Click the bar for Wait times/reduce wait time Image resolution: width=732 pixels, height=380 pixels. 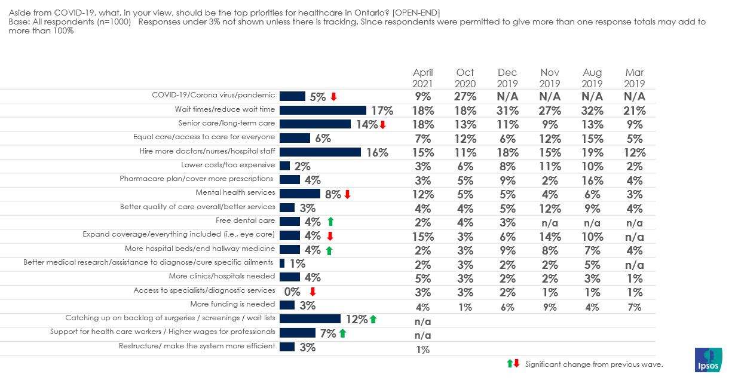coord(323,110)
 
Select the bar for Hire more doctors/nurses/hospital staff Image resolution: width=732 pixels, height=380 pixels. coord(320,152)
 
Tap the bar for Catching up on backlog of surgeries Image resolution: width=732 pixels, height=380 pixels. coord(310,319)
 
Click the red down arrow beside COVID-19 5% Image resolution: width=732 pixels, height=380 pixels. coord(333,97)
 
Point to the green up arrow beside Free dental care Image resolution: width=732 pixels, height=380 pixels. coord(330,222)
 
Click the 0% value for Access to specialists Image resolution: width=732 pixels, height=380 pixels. coord(292,292)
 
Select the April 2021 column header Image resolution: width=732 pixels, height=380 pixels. coord(422,78)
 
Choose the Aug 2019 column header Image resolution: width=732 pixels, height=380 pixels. coord(592,78)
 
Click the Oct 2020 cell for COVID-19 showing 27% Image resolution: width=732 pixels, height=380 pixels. coord(465,96)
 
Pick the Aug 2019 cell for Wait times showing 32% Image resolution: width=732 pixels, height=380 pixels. coord(592,111)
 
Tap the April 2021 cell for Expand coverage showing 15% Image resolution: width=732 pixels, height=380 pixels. coord(422,236)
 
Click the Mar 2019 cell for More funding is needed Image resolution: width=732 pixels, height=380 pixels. coord(635,307)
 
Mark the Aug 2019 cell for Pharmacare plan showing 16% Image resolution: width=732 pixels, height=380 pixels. coord(592,180)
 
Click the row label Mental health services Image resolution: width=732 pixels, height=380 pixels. coord(235,192)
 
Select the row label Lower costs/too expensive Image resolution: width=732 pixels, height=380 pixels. coord(228,165)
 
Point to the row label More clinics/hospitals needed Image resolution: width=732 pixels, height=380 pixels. coord(222,276)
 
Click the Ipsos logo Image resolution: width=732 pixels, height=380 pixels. coord(709,360)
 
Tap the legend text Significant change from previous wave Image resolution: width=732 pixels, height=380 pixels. coord(594,364)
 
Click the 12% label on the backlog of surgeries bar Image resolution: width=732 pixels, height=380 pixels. coord(356,319)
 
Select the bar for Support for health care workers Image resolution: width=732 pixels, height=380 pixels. coord(298,333)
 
